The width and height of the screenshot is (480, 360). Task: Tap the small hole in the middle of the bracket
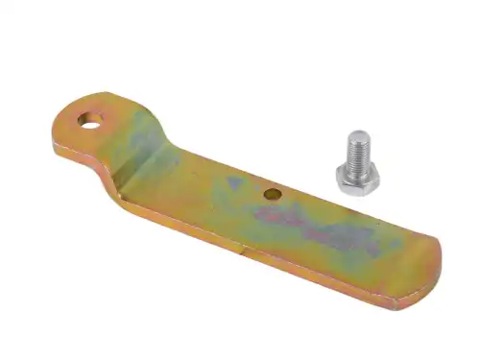point(274,194)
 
